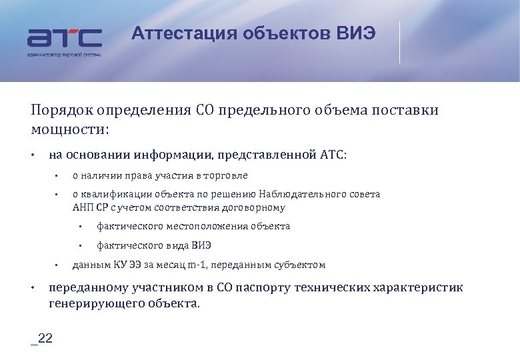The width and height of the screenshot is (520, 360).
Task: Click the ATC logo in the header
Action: tap(64, 37)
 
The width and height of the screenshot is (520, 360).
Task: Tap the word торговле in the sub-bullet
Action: tap(227, 176)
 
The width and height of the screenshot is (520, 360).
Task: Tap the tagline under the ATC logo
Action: tap(64, 54)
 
